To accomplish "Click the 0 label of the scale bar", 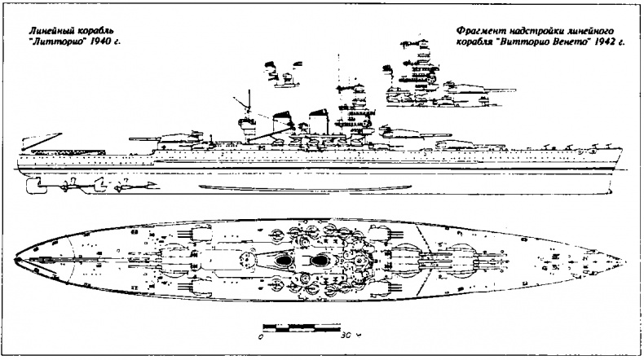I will tap(260, 336).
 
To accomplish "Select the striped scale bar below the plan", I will tap(302, 326).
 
